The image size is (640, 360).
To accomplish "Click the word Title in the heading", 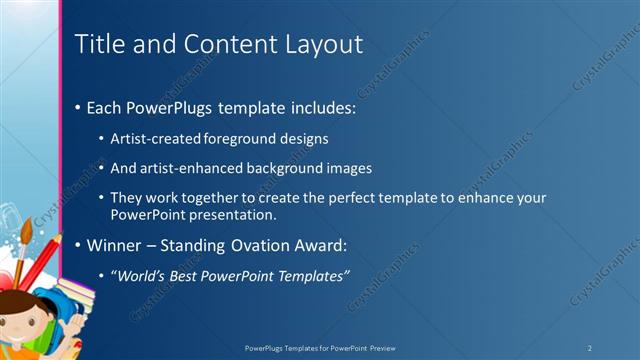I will pyautogui.click(x=99, y=44).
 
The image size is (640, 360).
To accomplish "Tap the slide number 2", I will pyautogui.click(x=589, y=347).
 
